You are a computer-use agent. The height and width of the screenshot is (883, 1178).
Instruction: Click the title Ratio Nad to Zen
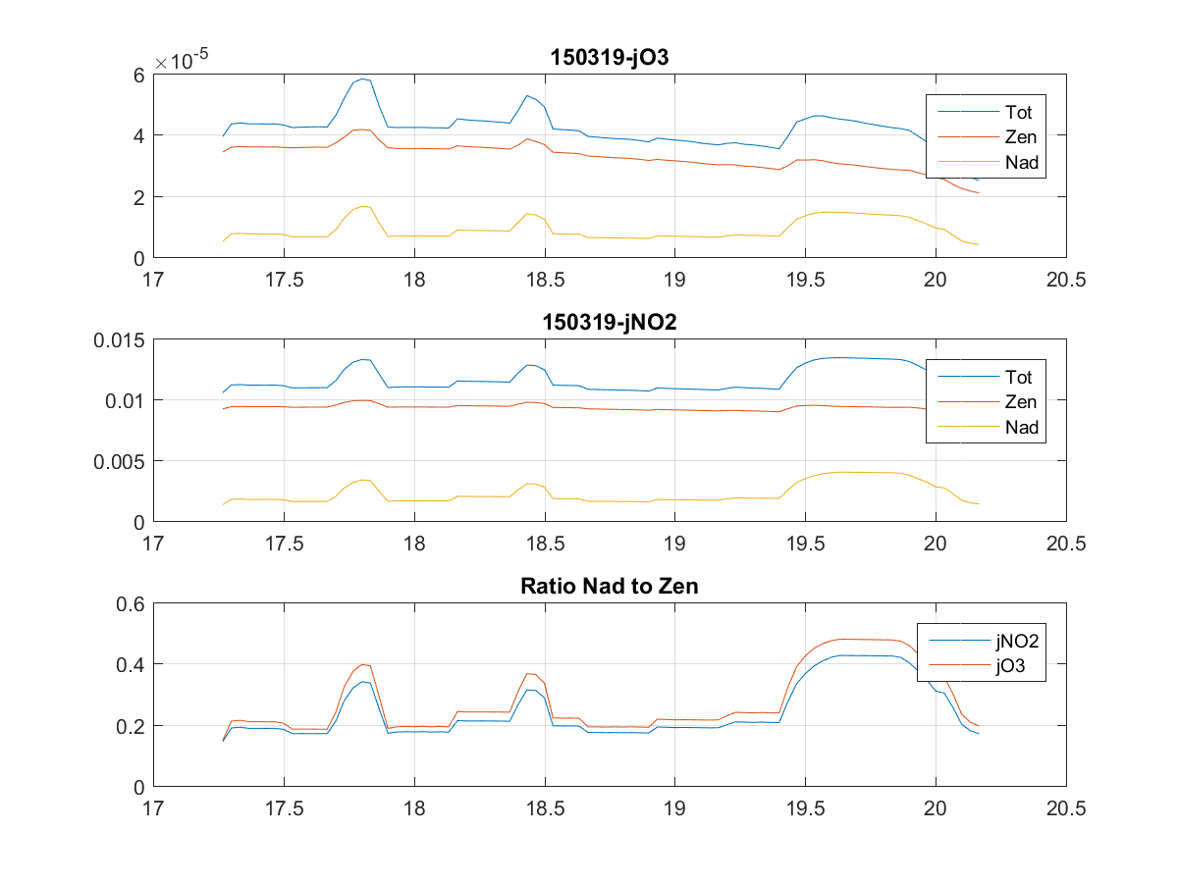(610, 588)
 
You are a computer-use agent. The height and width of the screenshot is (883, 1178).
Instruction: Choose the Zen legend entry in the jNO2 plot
(1021, 401)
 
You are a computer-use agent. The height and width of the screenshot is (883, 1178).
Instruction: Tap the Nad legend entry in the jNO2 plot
(1021, 427)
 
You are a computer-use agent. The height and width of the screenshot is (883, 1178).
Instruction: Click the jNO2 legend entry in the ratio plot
(1015, 642)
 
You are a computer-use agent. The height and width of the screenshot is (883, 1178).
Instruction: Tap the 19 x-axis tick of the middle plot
(674, 543)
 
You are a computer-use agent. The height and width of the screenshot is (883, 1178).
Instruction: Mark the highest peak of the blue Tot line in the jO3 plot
(363, 78)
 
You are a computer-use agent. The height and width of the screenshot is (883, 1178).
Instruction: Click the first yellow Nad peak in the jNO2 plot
(363, 480)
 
